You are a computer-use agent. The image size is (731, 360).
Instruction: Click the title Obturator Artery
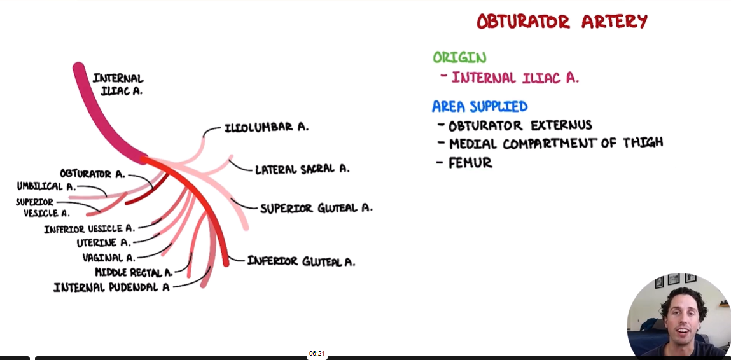click(x=562, y=22)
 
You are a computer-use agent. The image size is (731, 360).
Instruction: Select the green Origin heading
click(x=459, y=57)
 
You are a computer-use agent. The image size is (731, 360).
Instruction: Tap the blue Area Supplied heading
click(x=480, y=106)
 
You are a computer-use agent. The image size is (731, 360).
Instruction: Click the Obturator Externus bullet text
click(x=520, y=125)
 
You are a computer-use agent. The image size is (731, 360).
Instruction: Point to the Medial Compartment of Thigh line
click(x=555, y=143)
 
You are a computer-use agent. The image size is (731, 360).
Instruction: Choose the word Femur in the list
click(x=470, y=163)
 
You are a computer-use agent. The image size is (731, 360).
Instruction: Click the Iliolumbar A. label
click(x=267, y=127)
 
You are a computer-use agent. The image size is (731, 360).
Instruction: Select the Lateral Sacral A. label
click(x=302, y=169)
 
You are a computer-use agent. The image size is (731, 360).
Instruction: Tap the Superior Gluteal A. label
click(x=316, y=208)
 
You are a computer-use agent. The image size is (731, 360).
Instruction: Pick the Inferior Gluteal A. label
click(x=301, y=261)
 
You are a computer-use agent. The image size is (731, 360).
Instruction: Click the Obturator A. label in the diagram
click(x=92, y=174)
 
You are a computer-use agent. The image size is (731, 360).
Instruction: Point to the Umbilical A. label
click(x=46, y=186)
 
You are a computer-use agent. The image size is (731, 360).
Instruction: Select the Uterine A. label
click(x=104, y=242)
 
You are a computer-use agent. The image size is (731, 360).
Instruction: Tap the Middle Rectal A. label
click(x=134, y=272)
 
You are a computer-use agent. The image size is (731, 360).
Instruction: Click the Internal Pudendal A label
click(x=111, y=287)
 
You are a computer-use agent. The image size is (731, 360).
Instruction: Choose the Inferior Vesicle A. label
click(x=89, y=228)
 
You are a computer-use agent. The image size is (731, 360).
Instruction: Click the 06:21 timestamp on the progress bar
click(x=317, y=353)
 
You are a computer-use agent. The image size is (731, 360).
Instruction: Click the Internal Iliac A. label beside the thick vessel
click(x=118, y=85)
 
